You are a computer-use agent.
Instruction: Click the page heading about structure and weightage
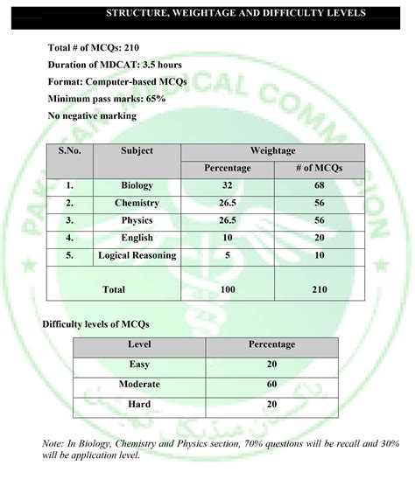(x=236, y=14)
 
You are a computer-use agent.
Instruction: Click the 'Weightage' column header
(x=272, y=151)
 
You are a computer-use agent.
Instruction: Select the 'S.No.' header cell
(x=70, y=151)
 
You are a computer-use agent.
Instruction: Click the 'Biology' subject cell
(x=137, y=185)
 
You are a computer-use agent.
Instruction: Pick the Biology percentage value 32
(x=227, y=185)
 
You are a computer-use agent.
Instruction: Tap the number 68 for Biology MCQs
(x=319, y=185)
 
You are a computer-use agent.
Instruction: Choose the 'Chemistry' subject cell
(x=137, y=203)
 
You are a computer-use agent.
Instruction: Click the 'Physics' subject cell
(x=137, y=220)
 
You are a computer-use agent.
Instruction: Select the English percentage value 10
(x=227, y=238)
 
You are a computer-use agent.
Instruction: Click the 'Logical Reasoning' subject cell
(x=137, y=255)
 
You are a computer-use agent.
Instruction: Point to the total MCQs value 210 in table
(x=319, y=288)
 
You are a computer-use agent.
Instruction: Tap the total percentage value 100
(x=227, y=288)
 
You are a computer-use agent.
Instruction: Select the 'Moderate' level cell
(x=139, y=384)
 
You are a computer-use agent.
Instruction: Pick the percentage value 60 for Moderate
(x=271, y=384)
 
